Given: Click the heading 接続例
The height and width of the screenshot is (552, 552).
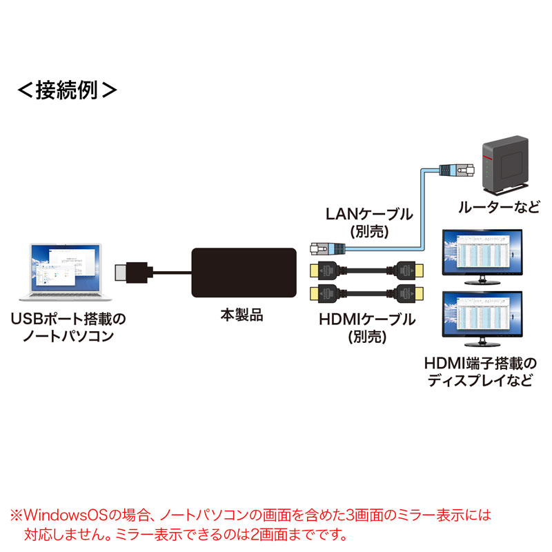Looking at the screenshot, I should point(66,90).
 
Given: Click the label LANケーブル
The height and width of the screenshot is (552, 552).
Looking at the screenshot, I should point(368,214).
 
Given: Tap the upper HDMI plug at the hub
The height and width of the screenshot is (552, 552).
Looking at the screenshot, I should point(323,269).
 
